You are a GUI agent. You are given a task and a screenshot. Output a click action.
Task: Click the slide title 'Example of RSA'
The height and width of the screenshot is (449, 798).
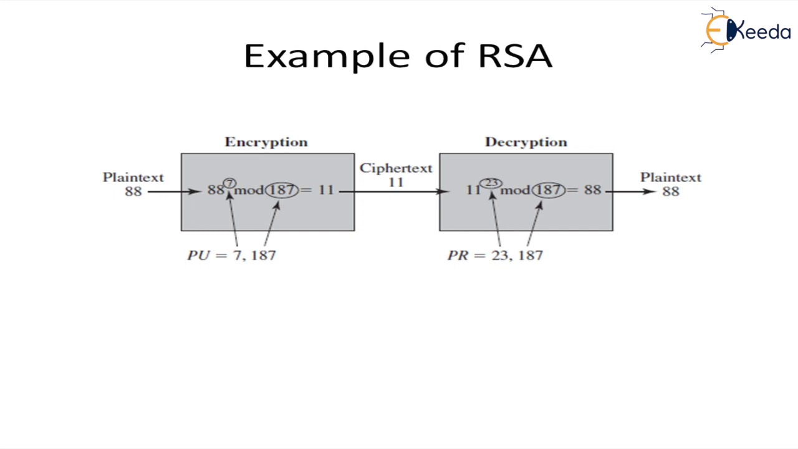398,56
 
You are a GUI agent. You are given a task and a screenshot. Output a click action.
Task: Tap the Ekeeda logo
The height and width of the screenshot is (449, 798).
746,29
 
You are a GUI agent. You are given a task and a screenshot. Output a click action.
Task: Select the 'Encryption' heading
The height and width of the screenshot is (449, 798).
266,142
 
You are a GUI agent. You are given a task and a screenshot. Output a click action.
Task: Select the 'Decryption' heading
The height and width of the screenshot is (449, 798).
526,142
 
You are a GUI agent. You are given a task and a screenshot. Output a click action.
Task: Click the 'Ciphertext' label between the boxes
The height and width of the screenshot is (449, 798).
396,168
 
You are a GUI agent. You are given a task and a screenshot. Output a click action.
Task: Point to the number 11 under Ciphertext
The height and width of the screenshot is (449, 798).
396,182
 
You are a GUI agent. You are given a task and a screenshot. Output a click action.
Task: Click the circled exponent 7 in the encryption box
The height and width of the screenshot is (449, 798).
229,183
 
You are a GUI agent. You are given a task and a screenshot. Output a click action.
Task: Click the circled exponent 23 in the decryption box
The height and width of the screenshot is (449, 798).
491,183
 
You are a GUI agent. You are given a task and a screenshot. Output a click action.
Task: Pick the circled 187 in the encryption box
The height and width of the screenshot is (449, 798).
282,190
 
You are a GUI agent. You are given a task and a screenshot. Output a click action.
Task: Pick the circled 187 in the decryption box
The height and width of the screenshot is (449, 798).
549,190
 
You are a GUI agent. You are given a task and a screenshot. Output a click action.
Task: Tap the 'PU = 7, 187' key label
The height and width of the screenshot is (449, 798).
231,255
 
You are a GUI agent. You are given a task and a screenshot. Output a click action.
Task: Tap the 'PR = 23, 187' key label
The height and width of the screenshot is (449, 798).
495,255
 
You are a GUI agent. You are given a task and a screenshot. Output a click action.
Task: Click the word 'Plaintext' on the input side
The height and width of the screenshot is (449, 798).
133,178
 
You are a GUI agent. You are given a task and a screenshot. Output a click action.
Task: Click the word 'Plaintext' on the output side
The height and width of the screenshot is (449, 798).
670,178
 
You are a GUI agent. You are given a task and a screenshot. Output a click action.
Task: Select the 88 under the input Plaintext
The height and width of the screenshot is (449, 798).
133,191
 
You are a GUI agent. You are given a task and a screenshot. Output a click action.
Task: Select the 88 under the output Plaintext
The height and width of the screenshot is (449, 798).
670,191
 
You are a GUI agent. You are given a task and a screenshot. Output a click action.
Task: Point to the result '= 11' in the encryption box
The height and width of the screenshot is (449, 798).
319,190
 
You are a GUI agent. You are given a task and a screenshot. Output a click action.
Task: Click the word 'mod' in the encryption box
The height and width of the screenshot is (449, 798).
249,190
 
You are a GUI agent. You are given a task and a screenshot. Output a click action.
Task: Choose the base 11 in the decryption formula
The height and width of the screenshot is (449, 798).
473,190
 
